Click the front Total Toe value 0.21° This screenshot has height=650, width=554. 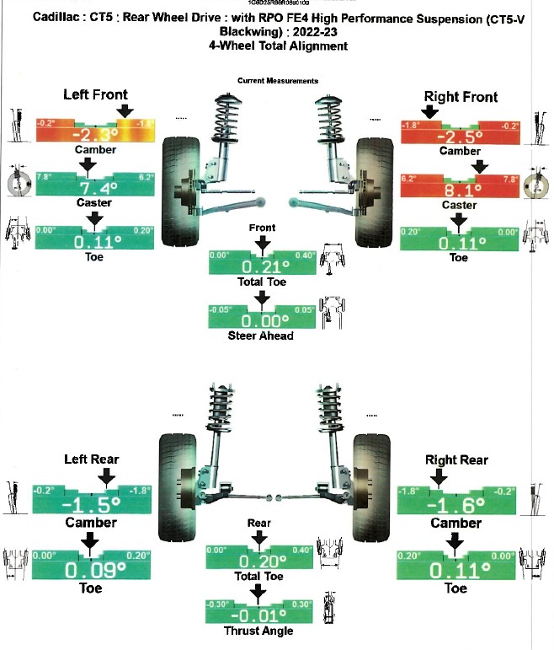[262, 266]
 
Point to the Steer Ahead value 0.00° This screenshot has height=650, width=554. [262, 320]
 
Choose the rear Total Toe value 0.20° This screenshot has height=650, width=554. [262, 561]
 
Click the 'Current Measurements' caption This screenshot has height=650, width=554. [278, 80]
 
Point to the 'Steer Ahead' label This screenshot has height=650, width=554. [262, 336]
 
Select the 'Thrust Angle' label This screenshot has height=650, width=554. [262, 630]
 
